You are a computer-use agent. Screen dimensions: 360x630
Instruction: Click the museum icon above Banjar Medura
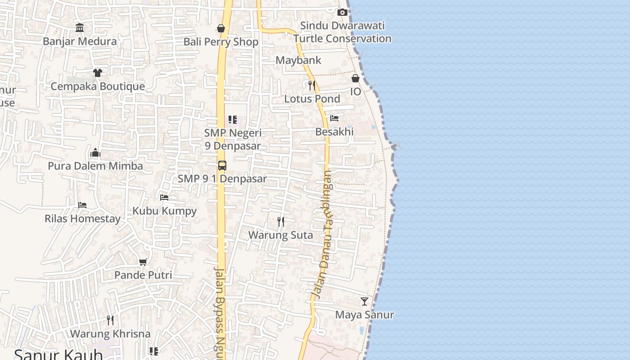point(80,28)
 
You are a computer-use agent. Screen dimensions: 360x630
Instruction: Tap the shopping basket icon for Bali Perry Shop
point(221,28)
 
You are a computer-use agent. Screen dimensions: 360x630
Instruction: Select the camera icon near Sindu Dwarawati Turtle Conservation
point(342,12)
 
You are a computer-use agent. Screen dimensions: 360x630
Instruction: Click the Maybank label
point(298,60)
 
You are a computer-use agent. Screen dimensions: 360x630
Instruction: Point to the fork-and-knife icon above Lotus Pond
point(311,85)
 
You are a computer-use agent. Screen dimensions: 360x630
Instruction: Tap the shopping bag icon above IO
point(355,78)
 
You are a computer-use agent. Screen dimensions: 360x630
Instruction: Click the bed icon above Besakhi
point(334,118)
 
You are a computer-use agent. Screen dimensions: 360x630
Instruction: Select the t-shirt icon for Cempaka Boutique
point(97,72)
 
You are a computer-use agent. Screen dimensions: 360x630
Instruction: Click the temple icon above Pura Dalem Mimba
point(95,153)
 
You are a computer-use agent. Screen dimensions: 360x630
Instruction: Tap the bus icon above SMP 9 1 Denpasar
point(222,165)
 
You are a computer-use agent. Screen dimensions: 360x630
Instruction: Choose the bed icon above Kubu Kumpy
point(164,197)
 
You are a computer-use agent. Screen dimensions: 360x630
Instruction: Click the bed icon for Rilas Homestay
point(82,205)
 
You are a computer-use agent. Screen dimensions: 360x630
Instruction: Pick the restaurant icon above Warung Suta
point(281,221)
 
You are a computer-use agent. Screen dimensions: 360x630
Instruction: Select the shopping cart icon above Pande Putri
point(143,262)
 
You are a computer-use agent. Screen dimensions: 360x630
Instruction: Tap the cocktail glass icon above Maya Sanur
point(364,301)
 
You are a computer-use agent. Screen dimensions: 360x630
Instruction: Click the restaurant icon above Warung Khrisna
point(110,320)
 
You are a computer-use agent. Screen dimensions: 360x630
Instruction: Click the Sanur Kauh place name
point(58,354)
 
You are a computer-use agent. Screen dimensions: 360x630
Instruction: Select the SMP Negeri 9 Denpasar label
point(233,139)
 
